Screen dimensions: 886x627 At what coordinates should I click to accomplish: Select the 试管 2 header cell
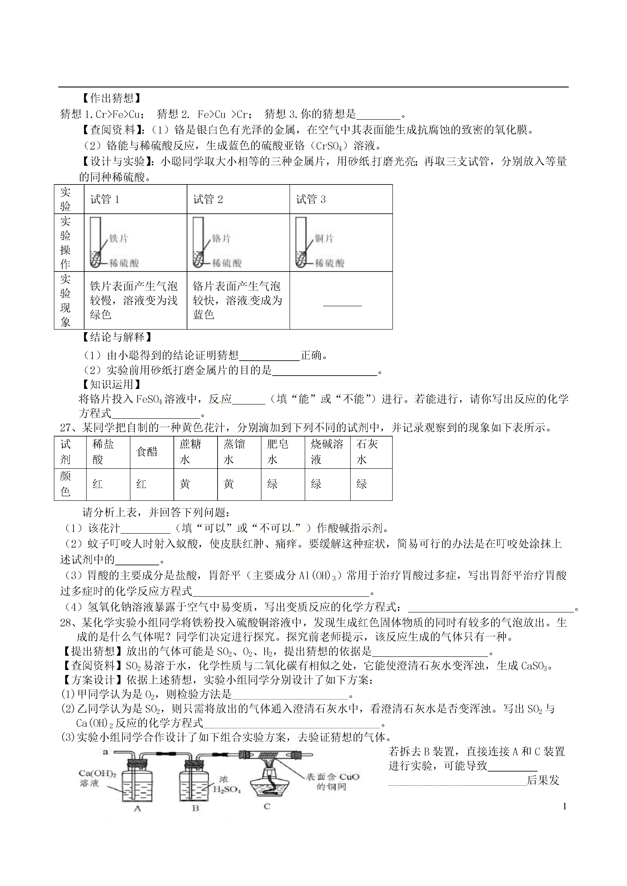click(x=208, y=200)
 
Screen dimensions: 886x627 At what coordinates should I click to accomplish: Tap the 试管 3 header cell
click(x=311, y=200)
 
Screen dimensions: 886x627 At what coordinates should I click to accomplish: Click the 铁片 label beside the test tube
click(x=118, y=238)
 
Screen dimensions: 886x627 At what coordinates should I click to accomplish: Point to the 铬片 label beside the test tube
click(x=221, y=238)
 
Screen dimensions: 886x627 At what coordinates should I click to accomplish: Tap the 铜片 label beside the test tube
click(x=324, y=238)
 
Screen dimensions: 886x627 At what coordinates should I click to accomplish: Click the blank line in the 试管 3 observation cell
click(x=342, y=305)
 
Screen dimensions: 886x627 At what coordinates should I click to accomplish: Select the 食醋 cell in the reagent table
click(x=147, y=452)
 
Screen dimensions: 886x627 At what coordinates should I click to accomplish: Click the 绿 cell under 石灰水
click(x=362, y=484)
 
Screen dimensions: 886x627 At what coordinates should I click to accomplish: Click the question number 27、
click(x=69, y=428)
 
